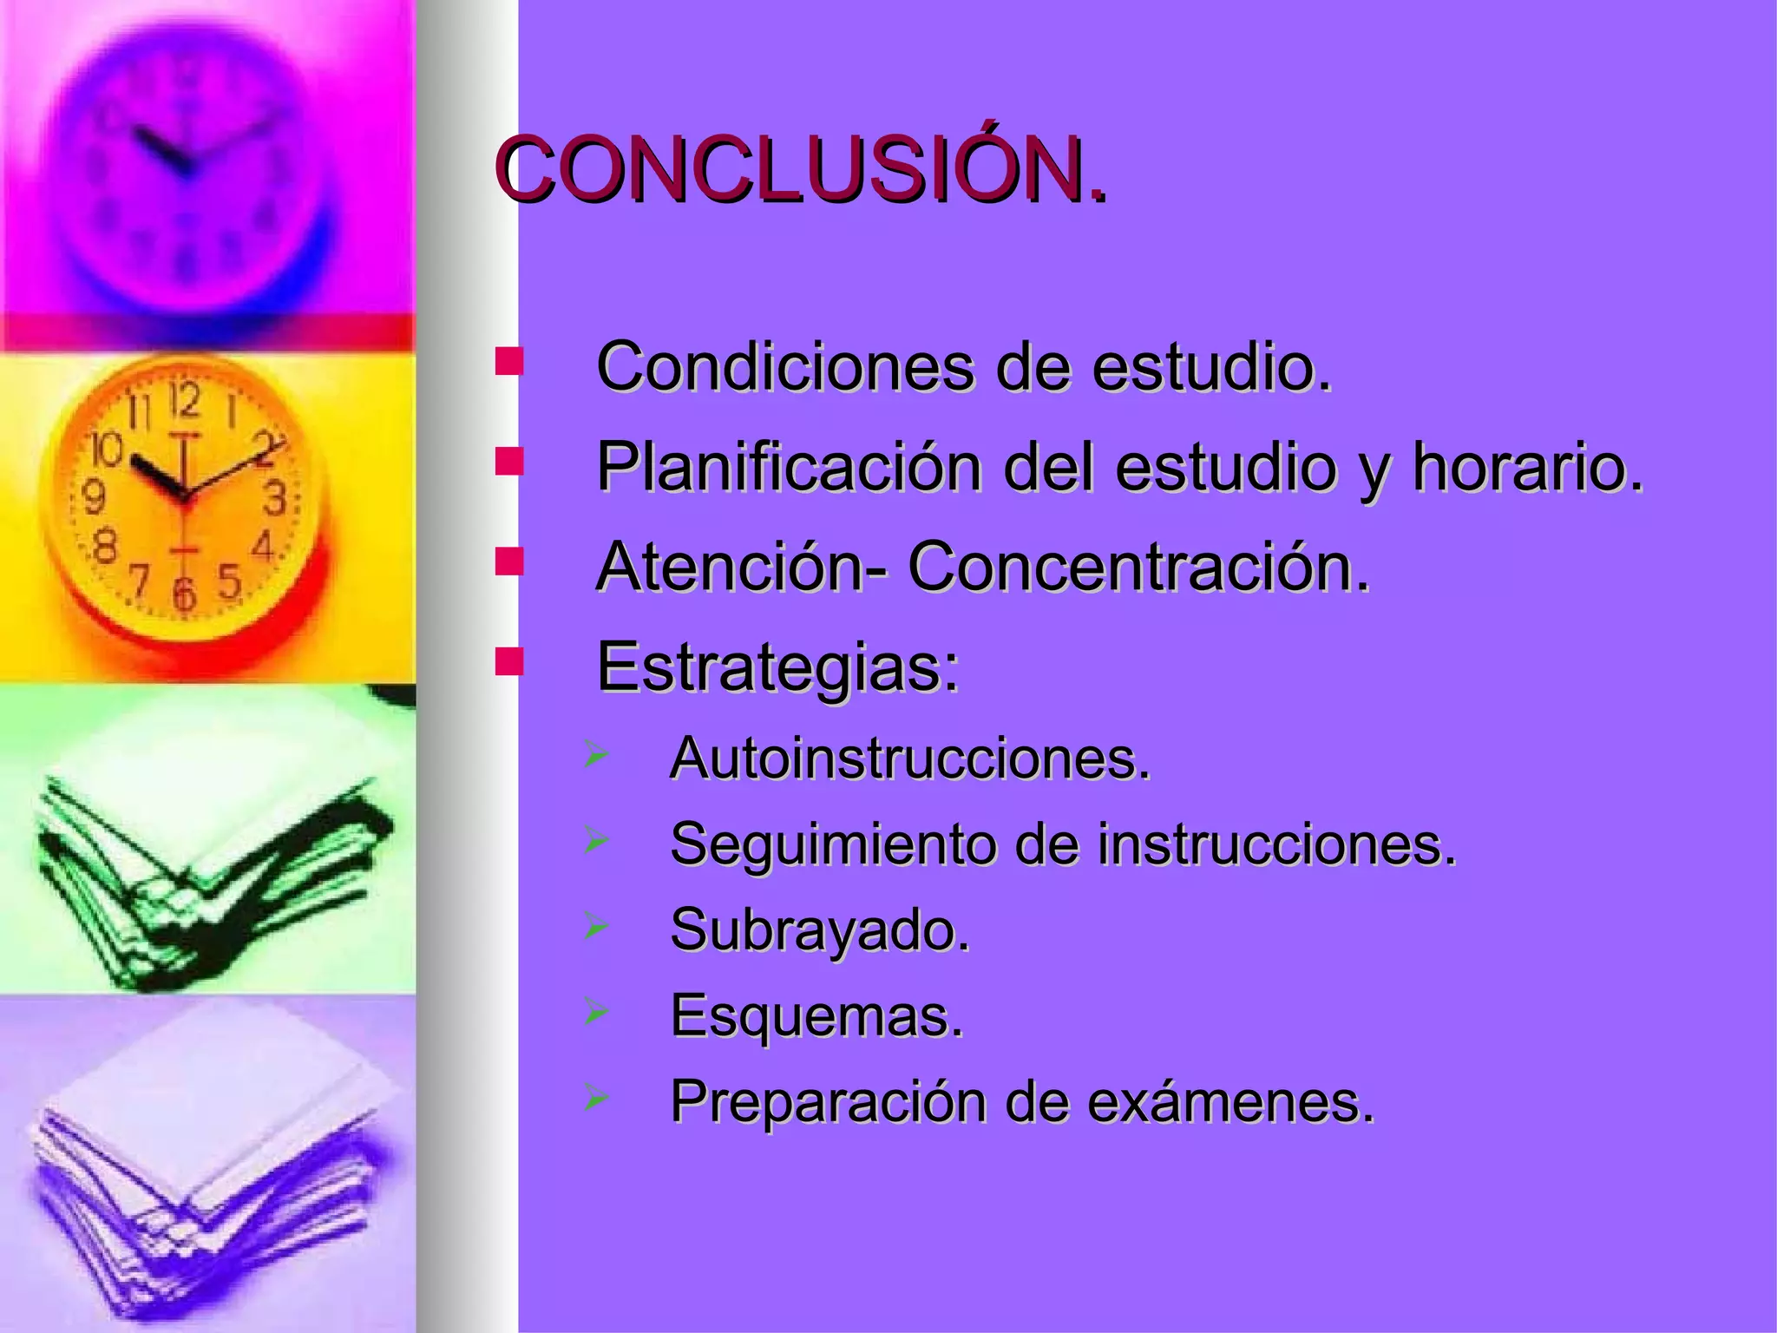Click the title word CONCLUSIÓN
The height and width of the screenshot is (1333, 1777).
coord(803,171)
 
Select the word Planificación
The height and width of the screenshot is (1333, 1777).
coord(788,467)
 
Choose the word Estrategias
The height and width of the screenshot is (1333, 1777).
coord(777,666)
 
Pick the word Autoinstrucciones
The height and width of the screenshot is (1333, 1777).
coord(909,758)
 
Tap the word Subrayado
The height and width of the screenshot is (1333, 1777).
coord(819,929)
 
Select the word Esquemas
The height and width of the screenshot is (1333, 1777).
coord(816,1015)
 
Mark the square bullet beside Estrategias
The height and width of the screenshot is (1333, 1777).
coord(508,661)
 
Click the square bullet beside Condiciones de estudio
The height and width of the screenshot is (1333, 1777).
coord(508,362)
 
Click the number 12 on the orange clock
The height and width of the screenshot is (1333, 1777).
coord(184,400)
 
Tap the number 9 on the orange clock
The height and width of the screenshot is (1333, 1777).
coord(93,497)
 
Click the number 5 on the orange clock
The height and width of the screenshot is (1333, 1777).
coord(229,580)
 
